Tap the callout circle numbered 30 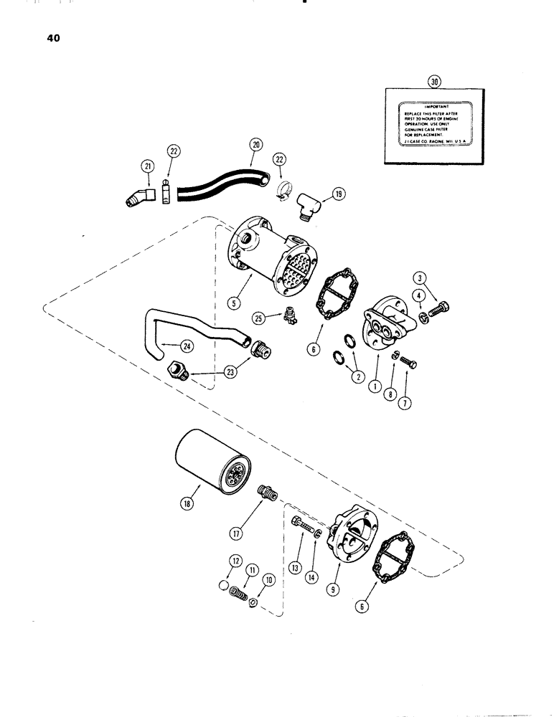[434, 82]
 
